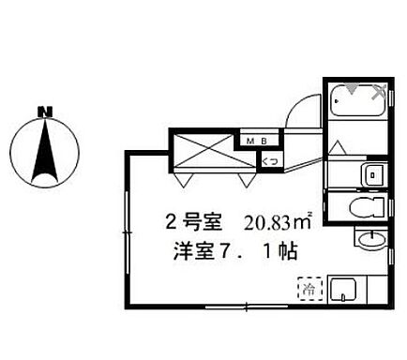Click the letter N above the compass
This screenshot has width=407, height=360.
[43, 112]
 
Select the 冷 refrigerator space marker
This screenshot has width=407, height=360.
[306, 289]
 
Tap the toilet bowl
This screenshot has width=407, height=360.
[361, 207]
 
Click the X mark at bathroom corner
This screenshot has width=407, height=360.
[380, 92]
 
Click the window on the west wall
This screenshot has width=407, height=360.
[125, 230]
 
